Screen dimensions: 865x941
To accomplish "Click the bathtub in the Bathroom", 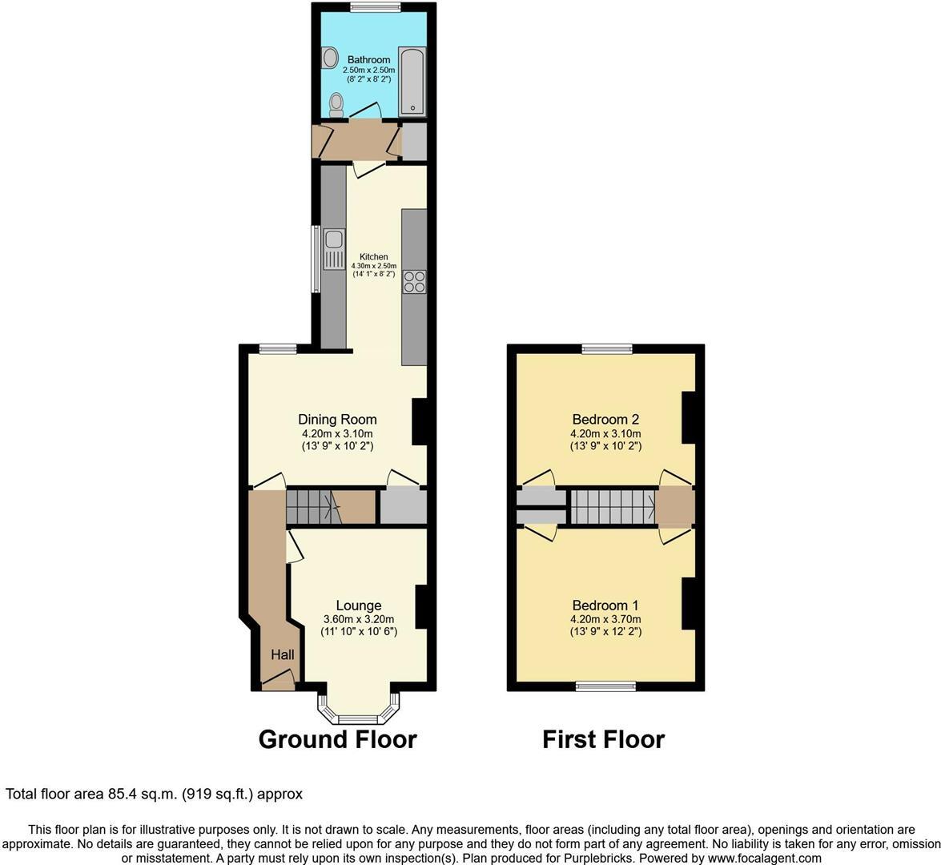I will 412,80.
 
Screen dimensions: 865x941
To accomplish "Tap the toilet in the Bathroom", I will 336,104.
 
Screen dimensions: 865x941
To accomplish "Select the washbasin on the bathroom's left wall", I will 328,58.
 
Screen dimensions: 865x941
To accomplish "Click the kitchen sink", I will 333,248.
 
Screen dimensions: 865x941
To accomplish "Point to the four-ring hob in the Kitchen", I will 415,282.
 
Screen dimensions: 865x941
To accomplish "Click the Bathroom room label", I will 368,60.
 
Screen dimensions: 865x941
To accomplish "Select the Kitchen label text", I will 374,257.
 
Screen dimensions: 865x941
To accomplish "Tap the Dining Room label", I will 337,420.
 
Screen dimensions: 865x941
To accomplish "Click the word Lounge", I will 358,605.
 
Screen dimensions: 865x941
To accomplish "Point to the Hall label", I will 282,655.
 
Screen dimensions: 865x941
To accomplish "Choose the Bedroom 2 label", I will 605,420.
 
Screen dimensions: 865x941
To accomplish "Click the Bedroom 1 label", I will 605,605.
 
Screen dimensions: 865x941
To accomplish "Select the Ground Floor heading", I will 337,738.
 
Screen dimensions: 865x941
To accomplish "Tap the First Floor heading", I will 603,738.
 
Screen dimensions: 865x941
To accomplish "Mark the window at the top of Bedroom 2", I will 606,348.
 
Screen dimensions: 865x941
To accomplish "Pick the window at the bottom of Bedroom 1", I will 606,686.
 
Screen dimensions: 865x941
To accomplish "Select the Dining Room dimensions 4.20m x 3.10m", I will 337,434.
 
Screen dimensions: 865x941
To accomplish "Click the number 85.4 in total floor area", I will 123,795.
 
